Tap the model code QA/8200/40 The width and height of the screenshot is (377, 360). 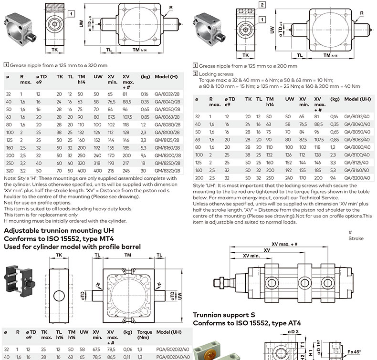pyautogui.click(x=356, y=177)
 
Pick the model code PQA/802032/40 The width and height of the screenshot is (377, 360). pyautogui.click(x=172, y=349)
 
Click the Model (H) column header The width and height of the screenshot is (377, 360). pyautogui.click(x=165, y=76)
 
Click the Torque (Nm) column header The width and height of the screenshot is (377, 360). pyautogui.click(x=145, y=334)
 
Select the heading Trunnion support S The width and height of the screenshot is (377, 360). pyautogui.click(x=224, y=315)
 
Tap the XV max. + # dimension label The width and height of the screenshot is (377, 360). pyautogui.click(x=284, y=244)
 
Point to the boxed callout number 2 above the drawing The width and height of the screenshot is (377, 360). pyautogui.click(x=262, y=5)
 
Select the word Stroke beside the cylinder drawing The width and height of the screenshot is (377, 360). pyautogui.click(x=356, y=238)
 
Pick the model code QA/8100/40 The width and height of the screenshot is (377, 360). pyautogui.click(x=356, y=154)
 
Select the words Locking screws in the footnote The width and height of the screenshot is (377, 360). pyautogui.click(x=217, y=74)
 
